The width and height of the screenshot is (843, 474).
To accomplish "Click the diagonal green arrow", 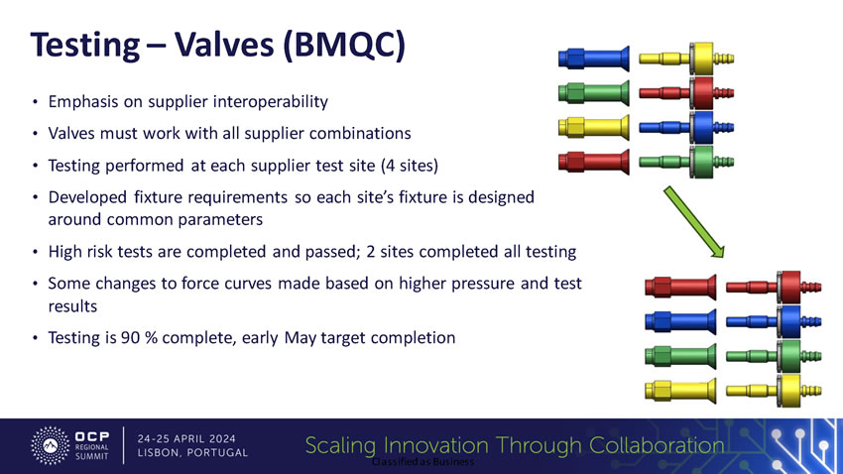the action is [694, 222].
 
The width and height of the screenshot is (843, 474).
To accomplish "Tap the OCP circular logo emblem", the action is [50, 445].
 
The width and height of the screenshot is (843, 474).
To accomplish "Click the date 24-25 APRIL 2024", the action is [186, 438].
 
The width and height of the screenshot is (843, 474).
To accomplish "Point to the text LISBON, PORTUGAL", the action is [192, 453].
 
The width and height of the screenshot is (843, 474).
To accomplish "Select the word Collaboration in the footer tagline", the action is [657, 445].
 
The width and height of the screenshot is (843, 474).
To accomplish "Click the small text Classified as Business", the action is [423, 462].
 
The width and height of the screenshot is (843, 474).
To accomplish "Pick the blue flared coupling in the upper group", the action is [594, 59].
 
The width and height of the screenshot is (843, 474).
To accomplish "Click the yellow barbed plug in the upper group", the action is [686, 59].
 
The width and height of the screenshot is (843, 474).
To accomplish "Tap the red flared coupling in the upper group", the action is [594, 162].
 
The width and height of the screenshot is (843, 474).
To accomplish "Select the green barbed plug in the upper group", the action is [686, 162].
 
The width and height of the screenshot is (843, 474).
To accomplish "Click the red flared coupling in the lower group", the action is [680, 287].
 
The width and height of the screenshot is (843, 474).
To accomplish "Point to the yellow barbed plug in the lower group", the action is [774, 391].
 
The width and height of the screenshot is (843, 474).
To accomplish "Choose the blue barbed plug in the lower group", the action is [774, 322].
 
